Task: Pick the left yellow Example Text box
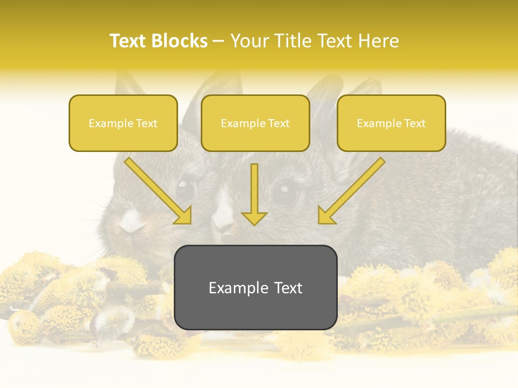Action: (x=123, y=123)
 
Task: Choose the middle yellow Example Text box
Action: (x=255, y=123)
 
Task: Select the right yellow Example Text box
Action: (x=391, y=123)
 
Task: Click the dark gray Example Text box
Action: (x=255, y=288)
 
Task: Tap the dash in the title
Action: (x=219, y=41)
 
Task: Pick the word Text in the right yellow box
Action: (x=414, y=123)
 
